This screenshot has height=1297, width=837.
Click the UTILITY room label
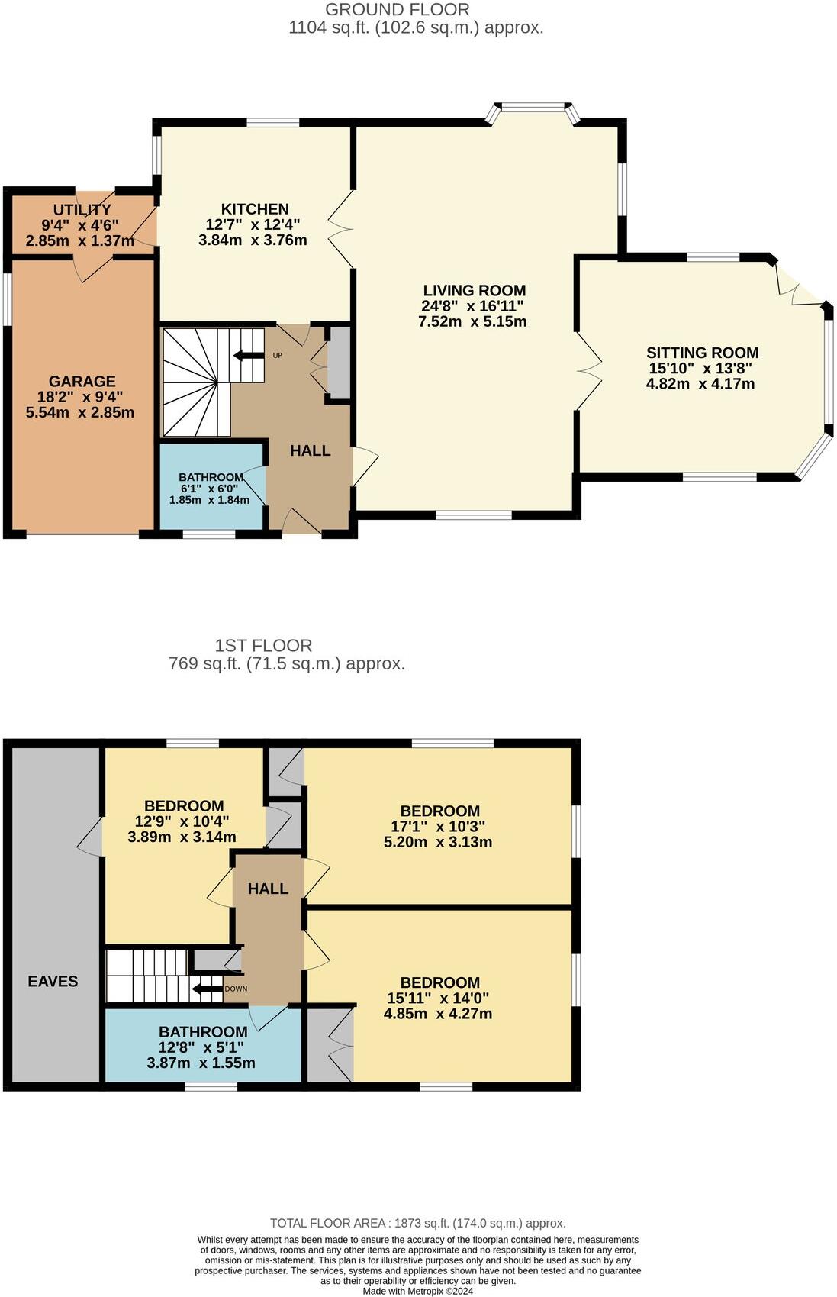(82, 210)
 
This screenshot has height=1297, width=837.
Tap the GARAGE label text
(82, 382)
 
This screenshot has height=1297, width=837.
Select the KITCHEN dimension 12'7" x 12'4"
(253, 225)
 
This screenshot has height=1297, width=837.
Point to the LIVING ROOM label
(474, 291)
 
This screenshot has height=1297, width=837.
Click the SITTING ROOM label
(702, 353)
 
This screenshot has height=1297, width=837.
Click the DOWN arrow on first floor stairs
(207, 989)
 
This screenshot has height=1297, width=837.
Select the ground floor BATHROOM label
(211, 477)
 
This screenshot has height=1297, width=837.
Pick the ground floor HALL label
(310, 451)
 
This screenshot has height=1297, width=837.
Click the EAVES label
(53, 982)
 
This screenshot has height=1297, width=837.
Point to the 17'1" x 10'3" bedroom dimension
(439, 827)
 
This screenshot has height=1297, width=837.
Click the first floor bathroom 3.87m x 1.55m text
(201, 1063)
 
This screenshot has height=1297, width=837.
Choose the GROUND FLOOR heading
(398, 10)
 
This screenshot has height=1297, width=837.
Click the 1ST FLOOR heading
(263, 646)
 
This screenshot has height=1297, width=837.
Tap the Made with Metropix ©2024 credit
(417, 1292)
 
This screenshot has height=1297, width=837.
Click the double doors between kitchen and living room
(340, 227)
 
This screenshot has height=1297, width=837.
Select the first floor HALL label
(268, 889)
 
